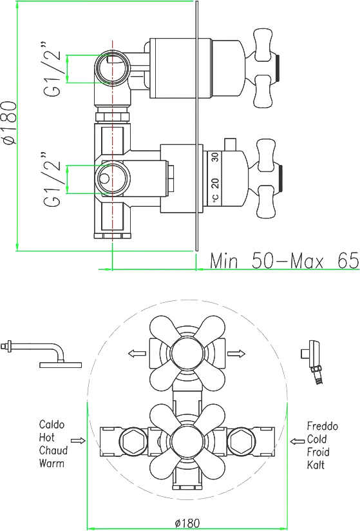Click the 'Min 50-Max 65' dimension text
[x=284, y=260]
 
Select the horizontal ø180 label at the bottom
[x=187, y=523]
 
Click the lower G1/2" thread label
[x=52, y=180]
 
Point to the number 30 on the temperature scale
[x=215, y=157]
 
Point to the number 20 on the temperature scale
[x=215, y=183]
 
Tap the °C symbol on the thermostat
[x=216, y=198]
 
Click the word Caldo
[x=52, y=424]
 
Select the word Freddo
[x=323, y=426]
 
